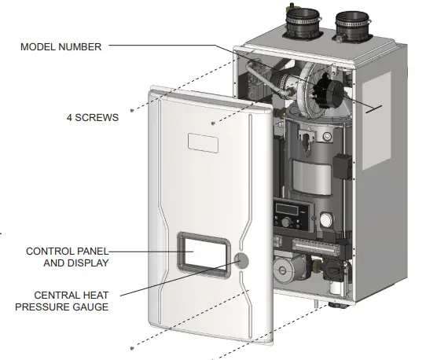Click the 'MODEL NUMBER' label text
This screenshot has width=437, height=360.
(61, 46)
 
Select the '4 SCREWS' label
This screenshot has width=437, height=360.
(92, 118)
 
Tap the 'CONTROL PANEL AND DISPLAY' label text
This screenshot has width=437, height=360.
(67, 257)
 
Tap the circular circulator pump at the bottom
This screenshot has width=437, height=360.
(284, 271)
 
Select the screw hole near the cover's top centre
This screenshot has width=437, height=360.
(215, 123)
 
